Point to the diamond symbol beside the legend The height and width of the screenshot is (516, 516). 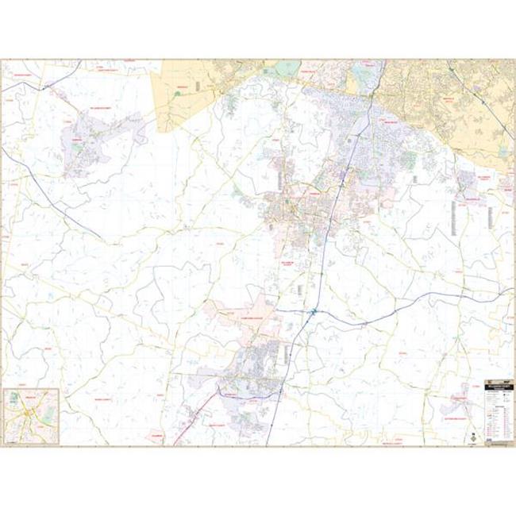473,437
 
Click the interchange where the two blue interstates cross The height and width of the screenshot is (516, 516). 315,312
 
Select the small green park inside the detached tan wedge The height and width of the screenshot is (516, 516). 177,93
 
